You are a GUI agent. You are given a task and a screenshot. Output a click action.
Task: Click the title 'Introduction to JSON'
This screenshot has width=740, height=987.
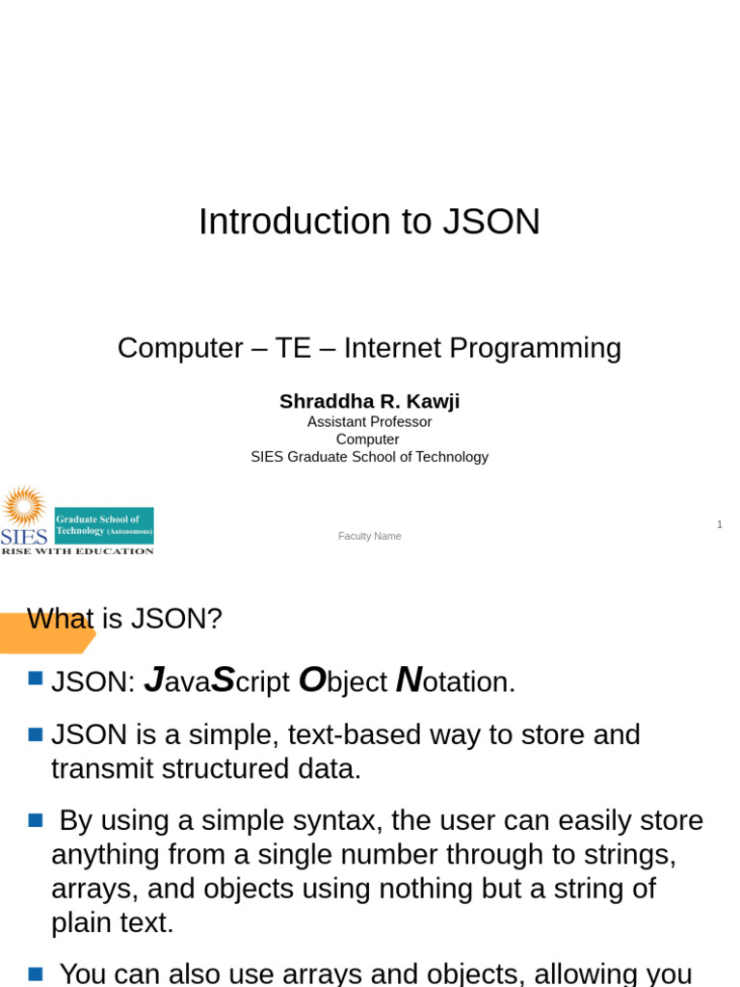(x=369, y=223)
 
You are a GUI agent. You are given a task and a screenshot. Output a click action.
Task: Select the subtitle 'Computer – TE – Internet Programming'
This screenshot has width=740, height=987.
(x=369, y=348)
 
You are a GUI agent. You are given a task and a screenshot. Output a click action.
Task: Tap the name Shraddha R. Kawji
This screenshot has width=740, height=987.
(x=369, y=401)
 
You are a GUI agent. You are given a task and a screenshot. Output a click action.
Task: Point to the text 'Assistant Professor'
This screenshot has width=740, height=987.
(x=369, y=422)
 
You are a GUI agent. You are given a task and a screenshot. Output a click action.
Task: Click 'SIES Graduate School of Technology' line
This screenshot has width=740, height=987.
(x=369, y=457)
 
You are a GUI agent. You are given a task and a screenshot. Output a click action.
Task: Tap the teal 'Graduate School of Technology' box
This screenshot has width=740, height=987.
(x=104, y=525)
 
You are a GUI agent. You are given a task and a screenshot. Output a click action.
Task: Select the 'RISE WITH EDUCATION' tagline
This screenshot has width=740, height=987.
(x=77, y=551)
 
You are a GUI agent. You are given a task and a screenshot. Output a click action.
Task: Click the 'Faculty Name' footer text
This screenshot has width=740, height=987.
(x=369, y=536)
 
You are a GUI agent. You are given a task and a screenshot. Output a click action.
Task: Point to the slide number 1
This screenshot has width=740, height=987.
(x=719, y=524)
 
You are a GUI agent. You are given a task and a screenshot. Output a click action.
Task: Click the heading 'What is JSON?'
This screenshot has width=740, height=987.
(x=124, y=619)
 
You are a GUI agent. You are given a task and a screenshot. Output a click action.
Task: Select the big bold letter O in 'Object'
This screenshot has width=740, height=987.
(x=311, y=680)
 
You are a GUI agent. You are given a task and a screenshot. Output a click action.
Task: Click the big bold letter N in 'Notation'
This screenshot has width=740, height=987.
(x=408, y=680)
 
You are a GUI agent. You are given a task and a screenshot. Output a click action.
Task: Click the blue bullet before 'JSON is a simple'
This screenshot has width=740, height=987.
(x=37, y=734)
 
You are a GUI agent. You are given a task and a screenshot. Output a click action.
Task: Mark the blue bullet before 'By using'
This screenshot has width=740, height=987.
(x=37, y=820)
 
